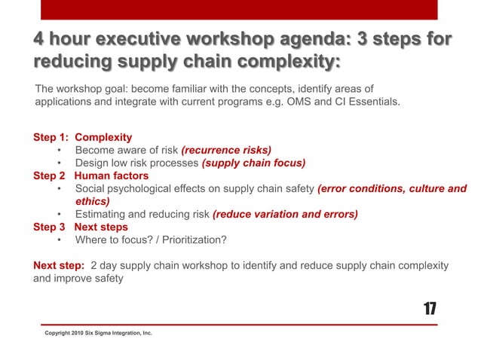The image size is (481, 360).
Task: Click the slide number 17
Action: pos(430,309)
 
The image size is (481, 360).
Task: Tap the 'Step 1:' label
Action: pos(51,137)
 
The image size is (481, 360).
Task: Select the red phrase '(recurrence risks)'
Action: pos(226,150)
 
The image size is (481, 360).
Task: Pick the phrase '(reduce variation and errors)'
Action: pos(286,214)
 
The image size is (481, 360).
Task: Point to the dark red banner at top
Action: pos(240,9)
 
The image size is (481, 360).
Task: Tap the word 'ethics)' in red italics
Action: pos(93,201)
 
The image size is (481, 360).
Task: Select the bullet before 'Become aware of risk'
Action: pos(59,150)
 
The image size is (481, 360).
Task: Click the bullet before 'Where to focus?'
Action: pos(59,240)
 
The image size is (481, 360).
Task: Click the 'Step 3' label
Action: pos(50,227)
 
